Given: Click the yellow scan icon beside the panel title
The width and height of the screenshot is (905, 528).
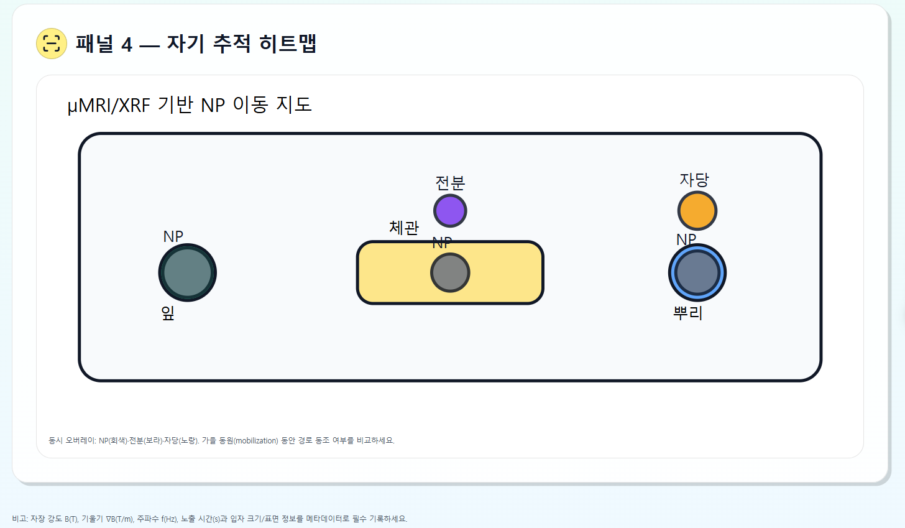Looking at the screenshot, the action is click(x=52, y=44).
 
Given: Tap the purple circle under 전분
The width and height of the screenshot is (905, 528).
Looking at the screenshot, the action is click(x=450, y=211).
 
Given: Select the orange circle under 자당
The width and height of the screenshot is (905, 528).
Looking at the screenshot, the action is click(x=697, y=211).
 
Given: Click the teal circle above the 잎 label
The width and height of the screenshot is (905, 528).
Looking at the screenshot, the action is click(x=187, y=272).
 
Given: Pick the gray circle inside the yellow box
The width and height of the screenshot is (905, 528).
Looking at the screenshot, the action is click(x=450, y=272).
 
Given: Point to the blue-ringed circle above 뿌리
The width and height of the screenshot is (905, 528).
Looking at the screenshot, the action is click(x=697, y=272).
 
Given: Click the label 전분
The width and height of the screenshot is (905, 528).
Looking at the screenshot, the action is click(x=450, y=183).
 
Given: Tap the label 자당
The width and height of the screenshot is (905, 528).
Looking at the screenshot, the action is click(x=694, y=180).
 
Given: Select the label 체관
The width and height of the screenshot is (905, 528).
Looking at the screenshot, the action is click(x=404, y=228).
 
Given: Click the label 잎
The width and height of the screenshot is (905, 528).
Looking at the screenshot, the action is click(x=168, y=313).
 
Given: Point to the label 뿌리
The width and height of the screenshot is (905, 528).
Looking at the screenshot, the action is click(x=688, y=313).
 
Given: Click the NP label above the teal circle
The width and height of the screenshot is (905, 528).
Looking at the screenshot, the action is click(x=173, y=236).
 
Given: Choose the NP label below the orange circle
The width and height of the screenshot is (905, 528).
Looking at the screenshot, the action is click(x=686, y=239).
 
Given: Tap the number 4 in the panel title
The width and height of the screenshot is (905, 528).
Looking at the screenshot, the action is click(x=127, y=45).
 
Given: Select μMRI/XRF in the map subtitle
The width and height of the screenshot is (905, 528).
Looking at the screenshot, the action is click(x=109, y=106).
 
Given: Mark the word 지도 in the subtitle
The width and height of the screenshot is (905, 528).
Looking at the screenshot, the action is click(x=294, y=104).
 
